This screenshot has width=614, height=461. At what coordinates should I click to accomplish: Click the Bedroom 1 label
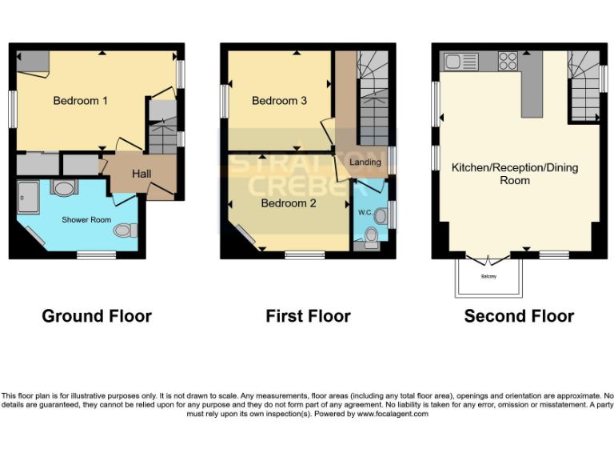tap(80, 101)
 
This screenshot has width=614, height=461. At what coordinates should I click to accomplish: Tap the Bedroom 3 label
tap(279, 101)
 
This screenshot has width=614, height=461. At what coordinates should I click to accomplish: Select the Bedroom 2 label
tap(289, 203)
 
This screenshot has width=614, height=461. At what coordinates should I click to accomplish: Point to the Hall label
tap(142, 174)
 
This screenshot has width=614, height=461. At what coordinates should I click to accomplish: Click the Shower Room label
tap(86, 219)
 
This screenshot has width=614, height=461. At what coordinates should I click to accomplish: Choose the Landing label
tap(365, 162)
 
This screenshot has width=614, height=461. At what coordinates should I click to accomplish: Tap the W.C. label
tap(365, 213)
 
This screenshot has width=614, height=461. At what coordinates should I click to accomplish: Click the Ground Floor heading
tap(97, 316)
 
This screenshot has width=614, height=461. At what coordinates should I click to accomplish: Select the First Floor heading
tap(308, 316)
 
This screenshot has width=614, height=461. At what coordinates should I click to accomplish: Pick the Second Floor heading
tap(519, 316)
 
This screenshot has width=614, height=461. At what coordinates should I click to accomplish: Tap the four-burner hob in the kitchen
tap(508, 62)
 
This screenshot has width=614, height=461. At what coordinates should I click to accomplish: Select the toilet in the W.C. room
tap(371, 235)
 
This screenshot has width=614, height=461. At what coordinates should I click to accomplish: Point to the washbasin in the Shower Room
tap(62, 187)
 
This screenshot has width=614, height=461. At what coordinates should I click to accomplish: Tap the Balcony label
tap(488, 277)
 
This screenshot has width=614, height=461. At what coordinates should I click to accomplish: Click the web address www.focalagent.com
tap(393, 414)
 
